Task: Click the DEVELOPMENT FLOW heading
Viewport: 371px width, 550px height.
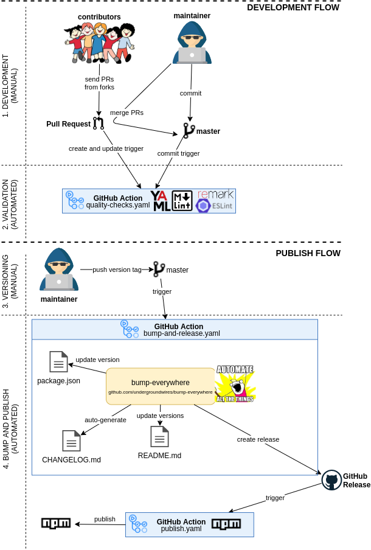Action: click(x=293, y=7)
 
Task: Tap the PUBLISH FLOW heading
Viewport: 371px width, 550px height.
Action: click(x=308, y=253)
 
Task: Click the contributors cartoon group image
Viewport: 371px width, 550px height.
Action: click(x=100, y=42)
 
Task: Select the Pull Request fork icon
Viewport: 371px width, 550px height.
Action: click(x=99, y=124)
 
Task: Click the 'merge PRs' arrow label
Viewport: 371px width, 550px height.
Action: click(x=127, y=113)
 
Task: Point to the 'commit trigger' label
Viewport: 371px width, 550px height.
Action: click(x=178, y=153)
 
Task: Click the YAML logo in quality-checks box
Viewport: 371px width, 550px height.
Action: click(x=161, y=201)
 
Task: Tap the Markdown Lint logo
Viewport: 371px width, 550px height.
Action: click(x=182, y=201)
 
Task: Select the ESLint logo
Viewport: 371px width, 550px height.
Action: click(x=215, y=206)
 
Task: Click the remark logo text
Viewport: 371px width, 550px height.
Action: click(x=215, y=193)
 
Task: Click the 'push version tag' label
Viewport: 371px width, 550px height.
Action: click(x=117, y=270)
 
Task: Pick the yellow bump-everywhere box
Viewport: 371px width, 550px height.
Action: click(x=161, y=386)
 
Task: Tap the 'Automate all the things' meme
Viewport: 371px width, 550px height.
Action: click(x=235, y=383)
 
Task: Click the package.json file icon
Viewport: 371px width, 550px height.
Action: click(x=58, y=362)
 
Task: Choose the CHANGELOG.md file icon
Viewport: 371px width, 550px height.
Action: click(x=71, y=440)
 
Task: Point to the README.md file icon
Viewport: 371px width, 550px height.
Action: click(x=159, y=436)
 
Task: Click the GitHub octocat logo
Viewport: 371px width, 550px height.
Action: click(x=331, y=480)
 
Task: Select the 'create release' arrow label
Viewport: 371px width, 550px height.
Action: click(x=258, y=439)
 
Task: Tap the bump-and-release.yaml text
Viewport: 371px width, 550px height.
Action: click(x=182, y=333)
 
